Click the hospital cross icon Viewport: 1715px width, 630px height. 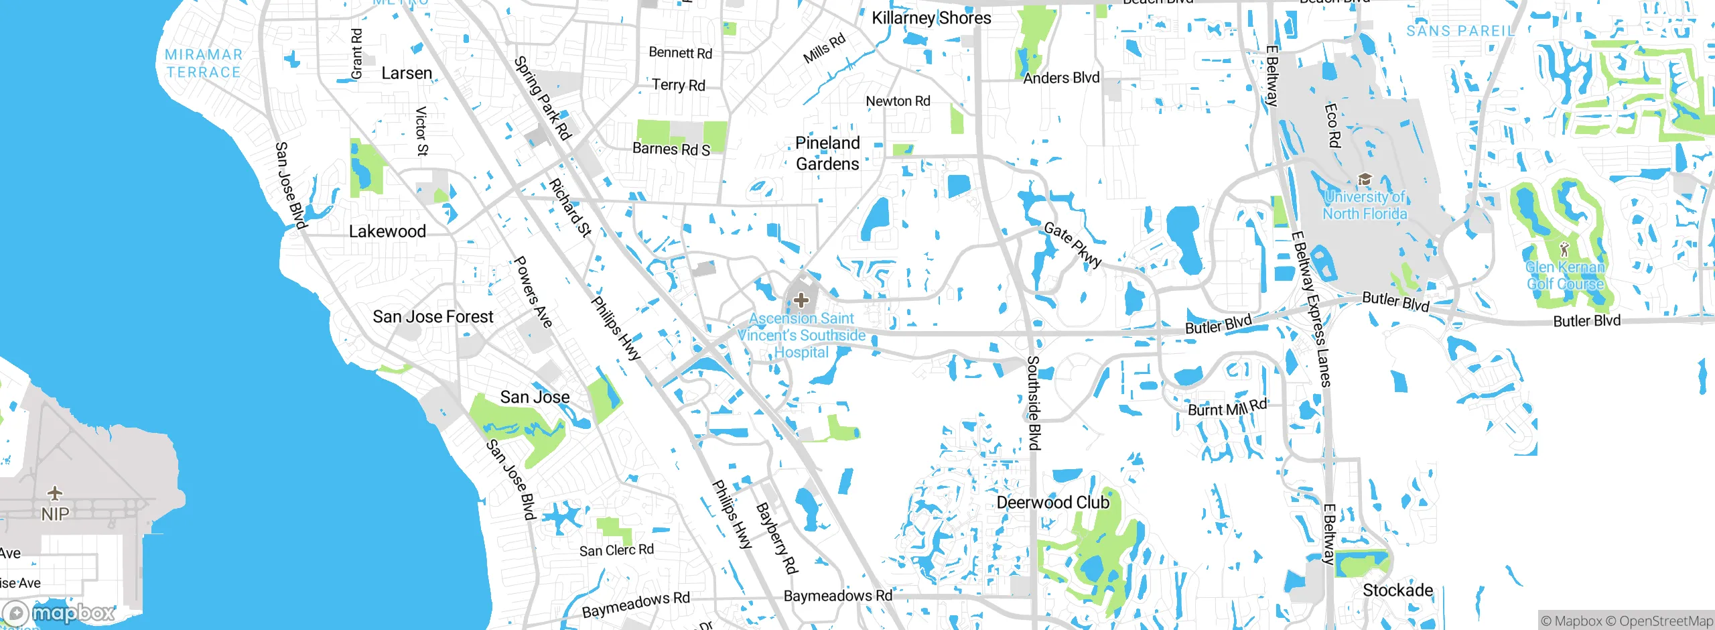pos(801,300)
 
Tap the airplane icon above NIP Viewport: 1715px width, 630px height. pos(55,494)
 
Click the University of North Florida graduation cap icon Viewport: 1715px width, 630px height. pos(1364,180)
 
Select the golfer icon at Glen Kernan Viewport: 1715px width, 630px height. pos(1564,249)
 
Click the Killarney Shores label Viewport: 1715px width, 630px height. pos(931,18)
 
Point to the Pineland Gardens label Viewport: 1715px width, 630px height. pos(827,153)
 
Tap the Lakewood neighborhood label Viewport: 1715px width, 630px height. pos(387,232)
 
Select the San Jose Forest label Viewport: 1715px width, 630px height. pos(433,316)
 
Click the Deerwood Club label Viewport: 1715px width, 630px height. pos(1052,503)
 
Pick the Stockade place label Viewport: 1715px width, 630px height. pos(1397,590)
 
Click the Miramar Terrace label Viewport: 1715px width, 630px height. pos(204,64)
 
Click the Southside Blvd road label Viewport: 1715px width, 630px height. pos(1034,402)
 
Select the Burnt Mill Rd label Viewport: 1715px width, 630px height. pos(1227,407)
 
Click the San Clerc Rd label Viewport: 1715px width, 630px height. pos(616,550)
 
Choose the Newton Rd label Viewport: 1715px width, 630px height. pos(898,101)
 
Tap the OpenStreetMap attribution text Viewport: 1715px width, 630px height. pos(1665,621)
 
